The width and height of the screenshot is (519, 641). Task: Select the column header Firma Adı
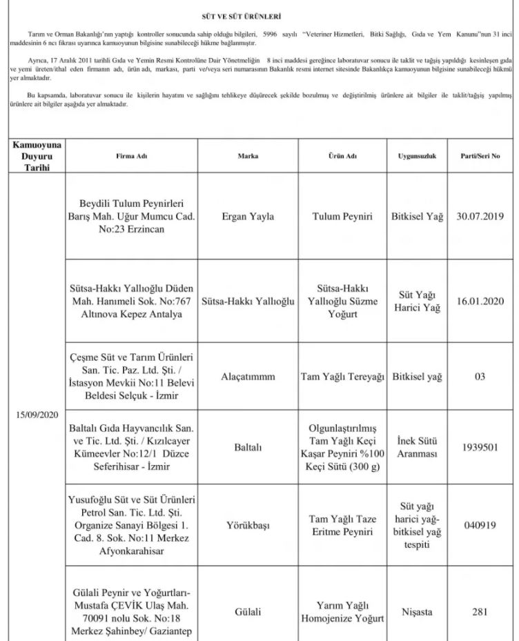[132, 157]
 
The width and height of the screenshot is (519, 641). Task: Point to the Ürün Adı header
[342, 157]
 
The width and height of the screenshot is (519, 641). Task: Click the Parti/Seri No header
[480, 157]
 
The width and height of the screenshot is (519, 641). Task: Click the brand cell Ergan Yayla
[248, 216]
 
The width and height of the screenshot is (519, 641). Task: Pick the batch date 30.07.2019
[480, 216]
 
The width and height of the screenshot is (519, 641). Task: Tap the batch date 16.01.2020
[480, 302]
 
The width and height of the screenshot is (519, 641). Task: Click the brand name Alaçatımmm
[248, 377]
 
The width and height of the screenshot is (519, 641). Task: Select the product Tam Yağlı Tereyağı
[342, 377]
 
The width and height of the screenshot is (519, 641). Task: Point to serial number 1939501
[480, 446]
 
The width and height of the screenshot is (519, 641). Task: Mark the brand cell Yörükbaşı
[248, 524]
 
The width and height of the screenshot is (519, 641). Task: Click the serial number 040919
[480, 524]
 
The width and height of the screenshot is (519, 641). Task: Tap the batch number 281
[480, 611]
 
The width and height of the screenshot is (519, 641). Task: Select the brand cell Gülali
[248, 611]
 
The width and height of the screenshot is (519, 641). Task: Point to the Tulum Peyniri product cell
[342, 216]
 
